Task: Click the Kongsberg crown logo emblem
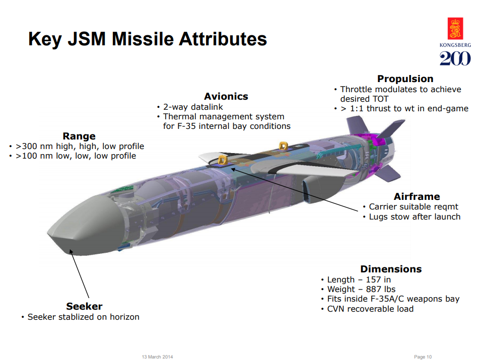(x=455, y=29)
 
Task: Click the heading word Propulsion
(x=405, y=79)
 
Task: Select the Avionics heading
(x=226, y=97)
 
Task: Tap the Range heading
(x=79, y=136)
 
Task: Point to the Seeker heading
(x=84, y=306)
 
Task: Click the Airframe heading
(x=417, y=196)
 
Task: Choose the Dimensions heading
(x=391, y=269)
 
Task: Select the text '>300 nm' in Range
(x=31, y=147)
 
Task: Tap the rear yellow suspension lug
(x=282, y=147)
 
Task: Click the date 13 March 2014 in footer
(x=157, y=357)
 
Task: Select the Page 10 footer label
(x=423, y=357)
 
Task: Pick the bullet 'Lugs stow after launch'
(x=415, y=217)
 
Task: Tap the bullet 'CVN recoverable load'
(x=370, y=309)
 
